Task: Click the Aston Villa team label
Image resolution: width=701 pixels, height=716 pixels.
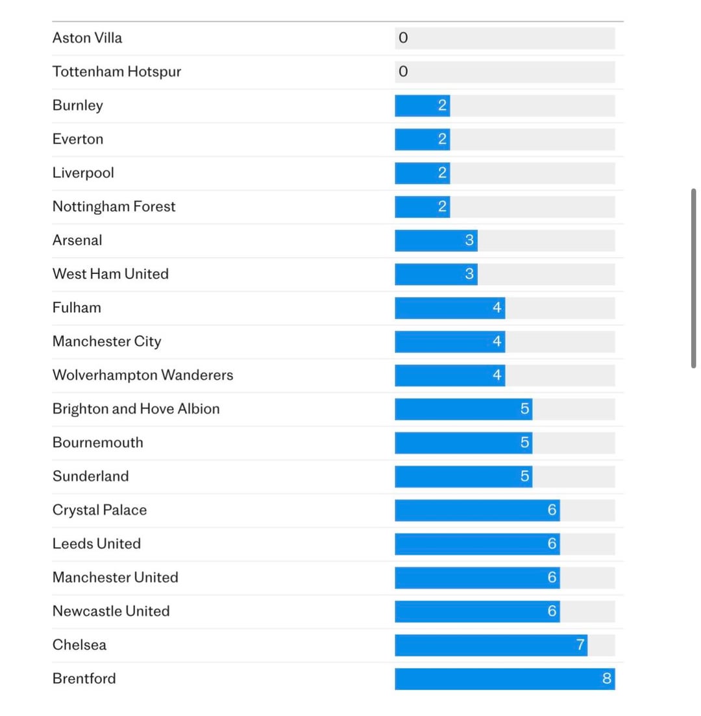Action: tap(87, 38)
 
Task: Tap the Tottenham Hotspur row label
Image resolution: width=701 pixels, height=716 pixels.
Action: tap(117, 71)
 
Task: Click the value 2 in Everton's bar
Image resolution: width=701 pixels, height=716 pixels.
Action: tap(442, 139)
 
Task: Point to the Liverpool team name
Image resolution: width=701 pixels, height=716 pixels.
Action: tap(83, 173)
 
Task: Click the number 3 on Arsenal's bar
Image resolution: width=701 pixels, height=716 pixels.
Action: tap(470, 240)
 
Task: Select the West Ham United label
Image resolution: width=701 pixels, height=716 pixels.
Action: tap(110, 274)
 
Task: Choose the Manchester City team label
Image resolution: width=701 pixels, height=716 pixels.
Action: tap(107, 341)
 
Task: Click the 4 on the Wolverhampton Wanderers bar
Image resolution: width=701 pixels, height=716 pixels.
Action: tap(497, 375)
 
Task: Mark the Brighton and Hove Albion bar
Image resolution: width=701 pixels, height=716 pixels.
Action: tap(461, 409)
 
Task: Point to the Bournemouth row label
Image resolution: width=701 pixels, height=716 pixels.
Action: tap(98, 443)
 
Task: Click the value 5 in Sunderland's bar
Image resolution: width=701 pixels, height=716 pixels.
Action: tap(524, 476)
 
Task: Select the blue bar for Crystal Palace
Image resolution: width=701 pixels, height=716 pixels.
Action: tap(474, 510)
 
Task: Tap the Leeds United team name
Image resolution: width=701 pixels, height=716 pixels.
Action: tap(97, 544)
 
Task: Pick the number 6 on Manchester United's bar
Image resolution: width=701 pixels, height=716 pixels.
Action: tap(552, 578)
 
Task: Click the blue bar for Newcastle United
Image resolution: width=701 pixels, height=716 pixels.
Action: tap(474, 611)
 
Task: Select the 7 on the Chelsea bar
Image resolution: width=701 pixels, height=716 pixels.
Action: tap(580, 645)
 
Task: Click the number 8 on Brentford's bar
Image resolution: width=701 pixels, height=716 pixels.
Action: tap(607, 679)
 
